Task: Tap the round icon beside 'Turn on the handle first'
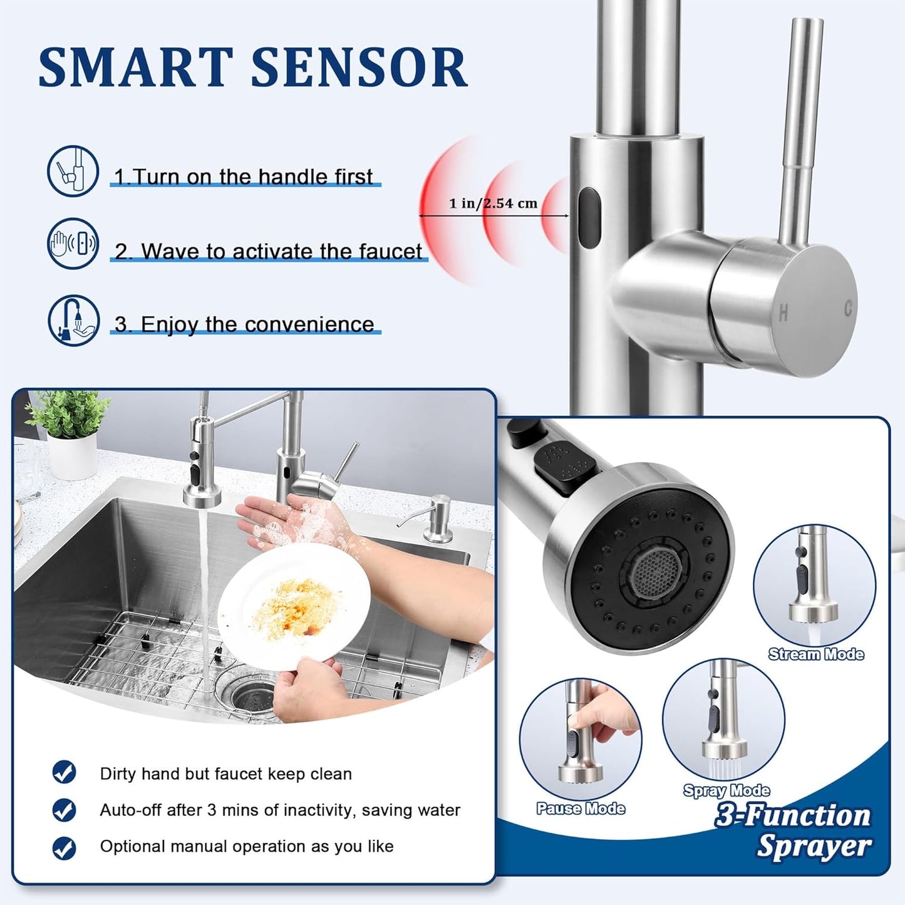[73, 171]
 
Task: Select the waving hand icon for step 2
[73, 243]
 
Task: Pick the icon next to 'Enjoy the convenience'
[74, 320]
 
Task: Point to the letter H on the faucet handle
[783, 313]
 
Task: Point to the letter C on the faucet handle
[848, 308]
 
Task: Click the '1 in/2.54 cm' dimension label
[493, 204]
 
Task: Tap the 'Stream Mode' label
[816, 654]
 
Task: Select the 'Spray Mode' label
[727, 790]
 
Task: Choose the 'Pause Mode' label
[581, 809]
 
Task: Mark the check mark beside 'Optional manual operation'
[65, 848]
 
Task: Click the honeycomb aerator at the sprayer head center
[655, 574]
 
